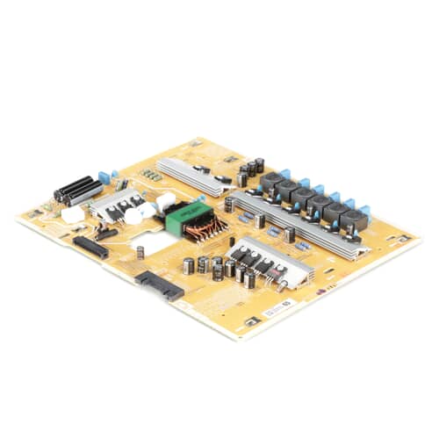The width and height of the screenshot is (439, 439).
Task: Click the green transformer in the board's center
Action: [185, 216]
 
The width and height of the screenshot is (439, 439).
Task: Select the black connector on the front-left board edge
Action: [90, 247]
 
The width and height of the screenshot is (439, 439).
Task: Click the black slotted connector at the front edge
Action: [159, 285]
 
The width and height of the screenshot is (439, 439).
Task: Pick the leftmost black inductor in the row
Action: [270, 182]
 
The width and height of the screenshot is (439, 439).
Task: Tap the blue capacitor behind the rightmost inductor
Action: [364, 211]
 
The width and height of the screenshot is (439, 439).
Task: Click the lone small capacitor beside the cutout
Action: [140, 253]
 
